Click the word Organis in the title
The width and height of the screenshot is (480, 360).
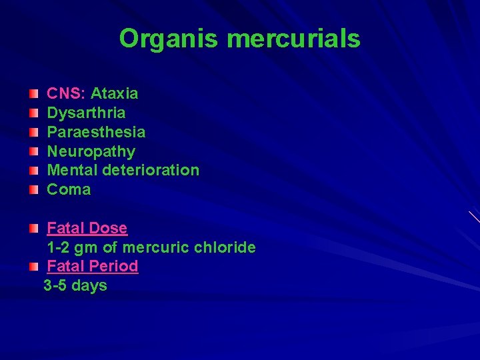[x=168, y=39]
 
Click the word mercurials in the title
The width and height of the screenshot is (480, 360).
[x=293, y=39]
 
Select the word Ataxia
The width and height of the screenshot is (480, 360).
[x=114, y=93]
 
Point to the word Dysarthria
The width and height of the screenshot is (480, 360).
[x=86, y=113]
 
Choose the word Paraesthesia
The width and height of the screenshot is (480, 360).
[x=96, y=132]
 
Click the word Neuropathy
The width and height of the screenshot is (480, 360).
[x=91, y=151]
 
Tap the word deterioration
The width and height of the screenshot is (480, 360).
[x=151, y=170]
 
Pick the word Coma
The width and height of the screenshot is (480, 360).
[x=69, y=189]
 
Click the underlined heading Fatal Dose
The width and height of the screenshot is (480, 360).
[x=87, y=228]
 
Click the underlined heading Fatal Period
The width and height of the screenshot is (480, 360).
[x=92, y=266]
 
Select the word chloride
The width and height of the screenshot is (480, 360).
[x=224, y=247]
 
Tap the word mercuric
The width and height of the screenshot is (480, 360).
[x=155, y=247]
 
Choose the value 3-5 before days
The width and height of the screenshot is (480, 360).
[x=55, y=285]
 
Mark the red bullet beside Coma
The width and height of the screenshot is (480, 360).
[x=34, y=190]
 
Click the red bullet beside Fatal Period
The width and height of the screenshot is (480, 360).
[x=34, y=267]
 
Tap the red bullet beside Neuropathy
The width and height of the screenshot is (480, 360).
[x=34, y=152]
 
